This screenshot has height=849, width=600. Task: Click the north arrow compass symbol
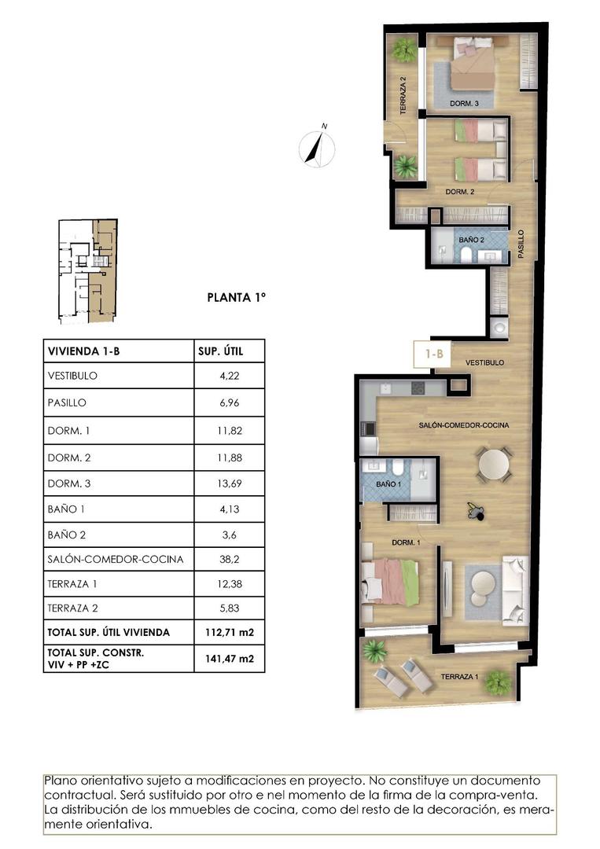pyautogui.click(x=318, y=147)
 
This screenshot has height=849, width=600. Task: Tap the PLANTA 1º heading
pyautogui.click(x=237, y=297)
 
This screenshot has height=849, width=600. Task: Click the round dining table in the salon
pyautogui.click(x=495, y=464)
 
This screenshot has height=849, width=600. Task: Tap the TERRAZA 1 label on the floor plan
pyautogui.click(x=459, y=677)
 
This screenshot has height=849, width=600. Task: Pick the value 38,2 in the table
pyautogui.click(x=229, y=560)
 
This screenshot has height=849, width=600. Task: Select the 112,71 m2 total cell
pyautogui.click(x=229, y=632)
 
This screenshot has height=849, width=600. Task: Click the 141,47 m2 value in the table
pyautogui.click(x=229, y=658)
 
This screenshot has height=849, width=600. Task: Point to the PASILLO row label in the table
pyautogui.click(x=67, y=403)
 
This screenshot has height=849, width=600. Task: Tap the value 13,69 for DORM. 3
pyautogui.click(x=229, y=483)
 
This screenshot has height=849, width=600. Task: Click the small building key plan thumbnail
pyautogui.click(x=87, y=270)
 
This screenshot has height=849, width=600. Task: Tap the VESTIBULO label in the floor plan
pyautogui.click(x=484, y=362)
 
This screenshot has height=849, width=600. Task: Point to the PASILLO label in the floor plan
pyautogui.click(x=520, y=244)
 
